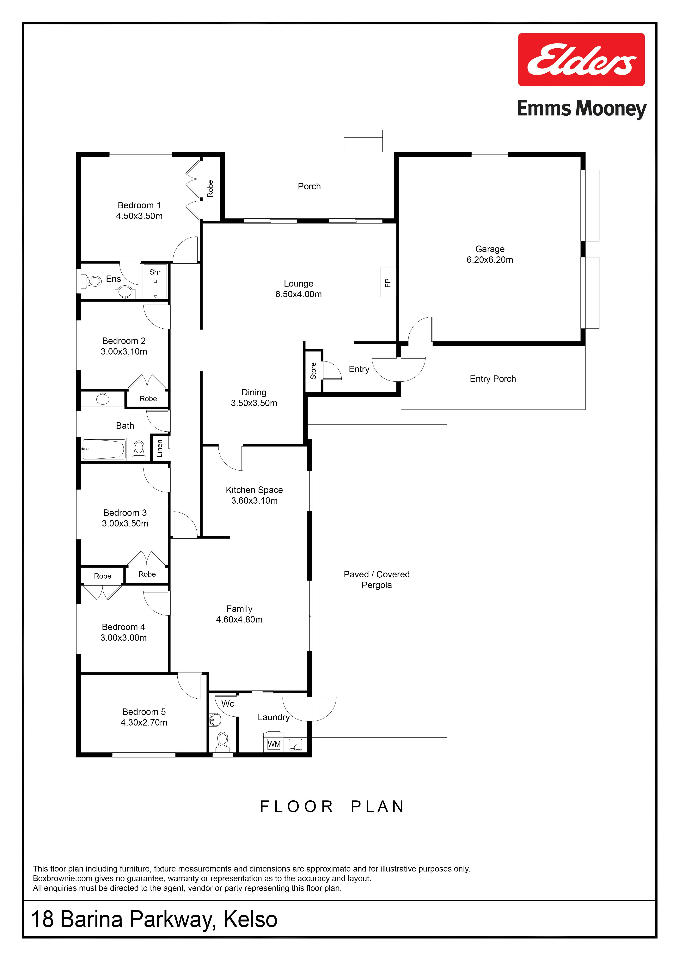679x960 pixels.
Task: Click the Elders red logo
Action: click(x=581, y=60)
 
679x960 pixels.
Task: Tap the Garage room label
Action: click(x=490, y=249)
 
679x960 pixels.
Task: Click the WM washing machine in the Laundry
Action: click(x=274, y=744)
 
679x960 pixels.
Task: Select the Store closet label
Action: click(x=313, y=371)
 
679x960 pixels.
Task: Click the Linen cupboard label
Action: click(x=159, y=448)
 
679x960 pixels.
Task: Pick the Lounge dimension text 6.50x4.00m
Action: click(x=298, y=294)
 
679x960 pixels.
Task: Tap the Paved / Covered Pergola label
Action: click(x=377, y=580)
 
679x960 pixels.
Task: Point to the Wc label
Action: click(x=228, y=704)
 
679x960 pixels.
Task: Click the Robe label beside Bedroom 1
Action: click(x=210, y=189)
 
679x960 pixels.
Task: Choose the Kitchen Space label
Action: click(x=254, y=490)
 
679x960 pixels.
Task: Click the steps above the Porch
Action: click(x=363, y=141)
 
